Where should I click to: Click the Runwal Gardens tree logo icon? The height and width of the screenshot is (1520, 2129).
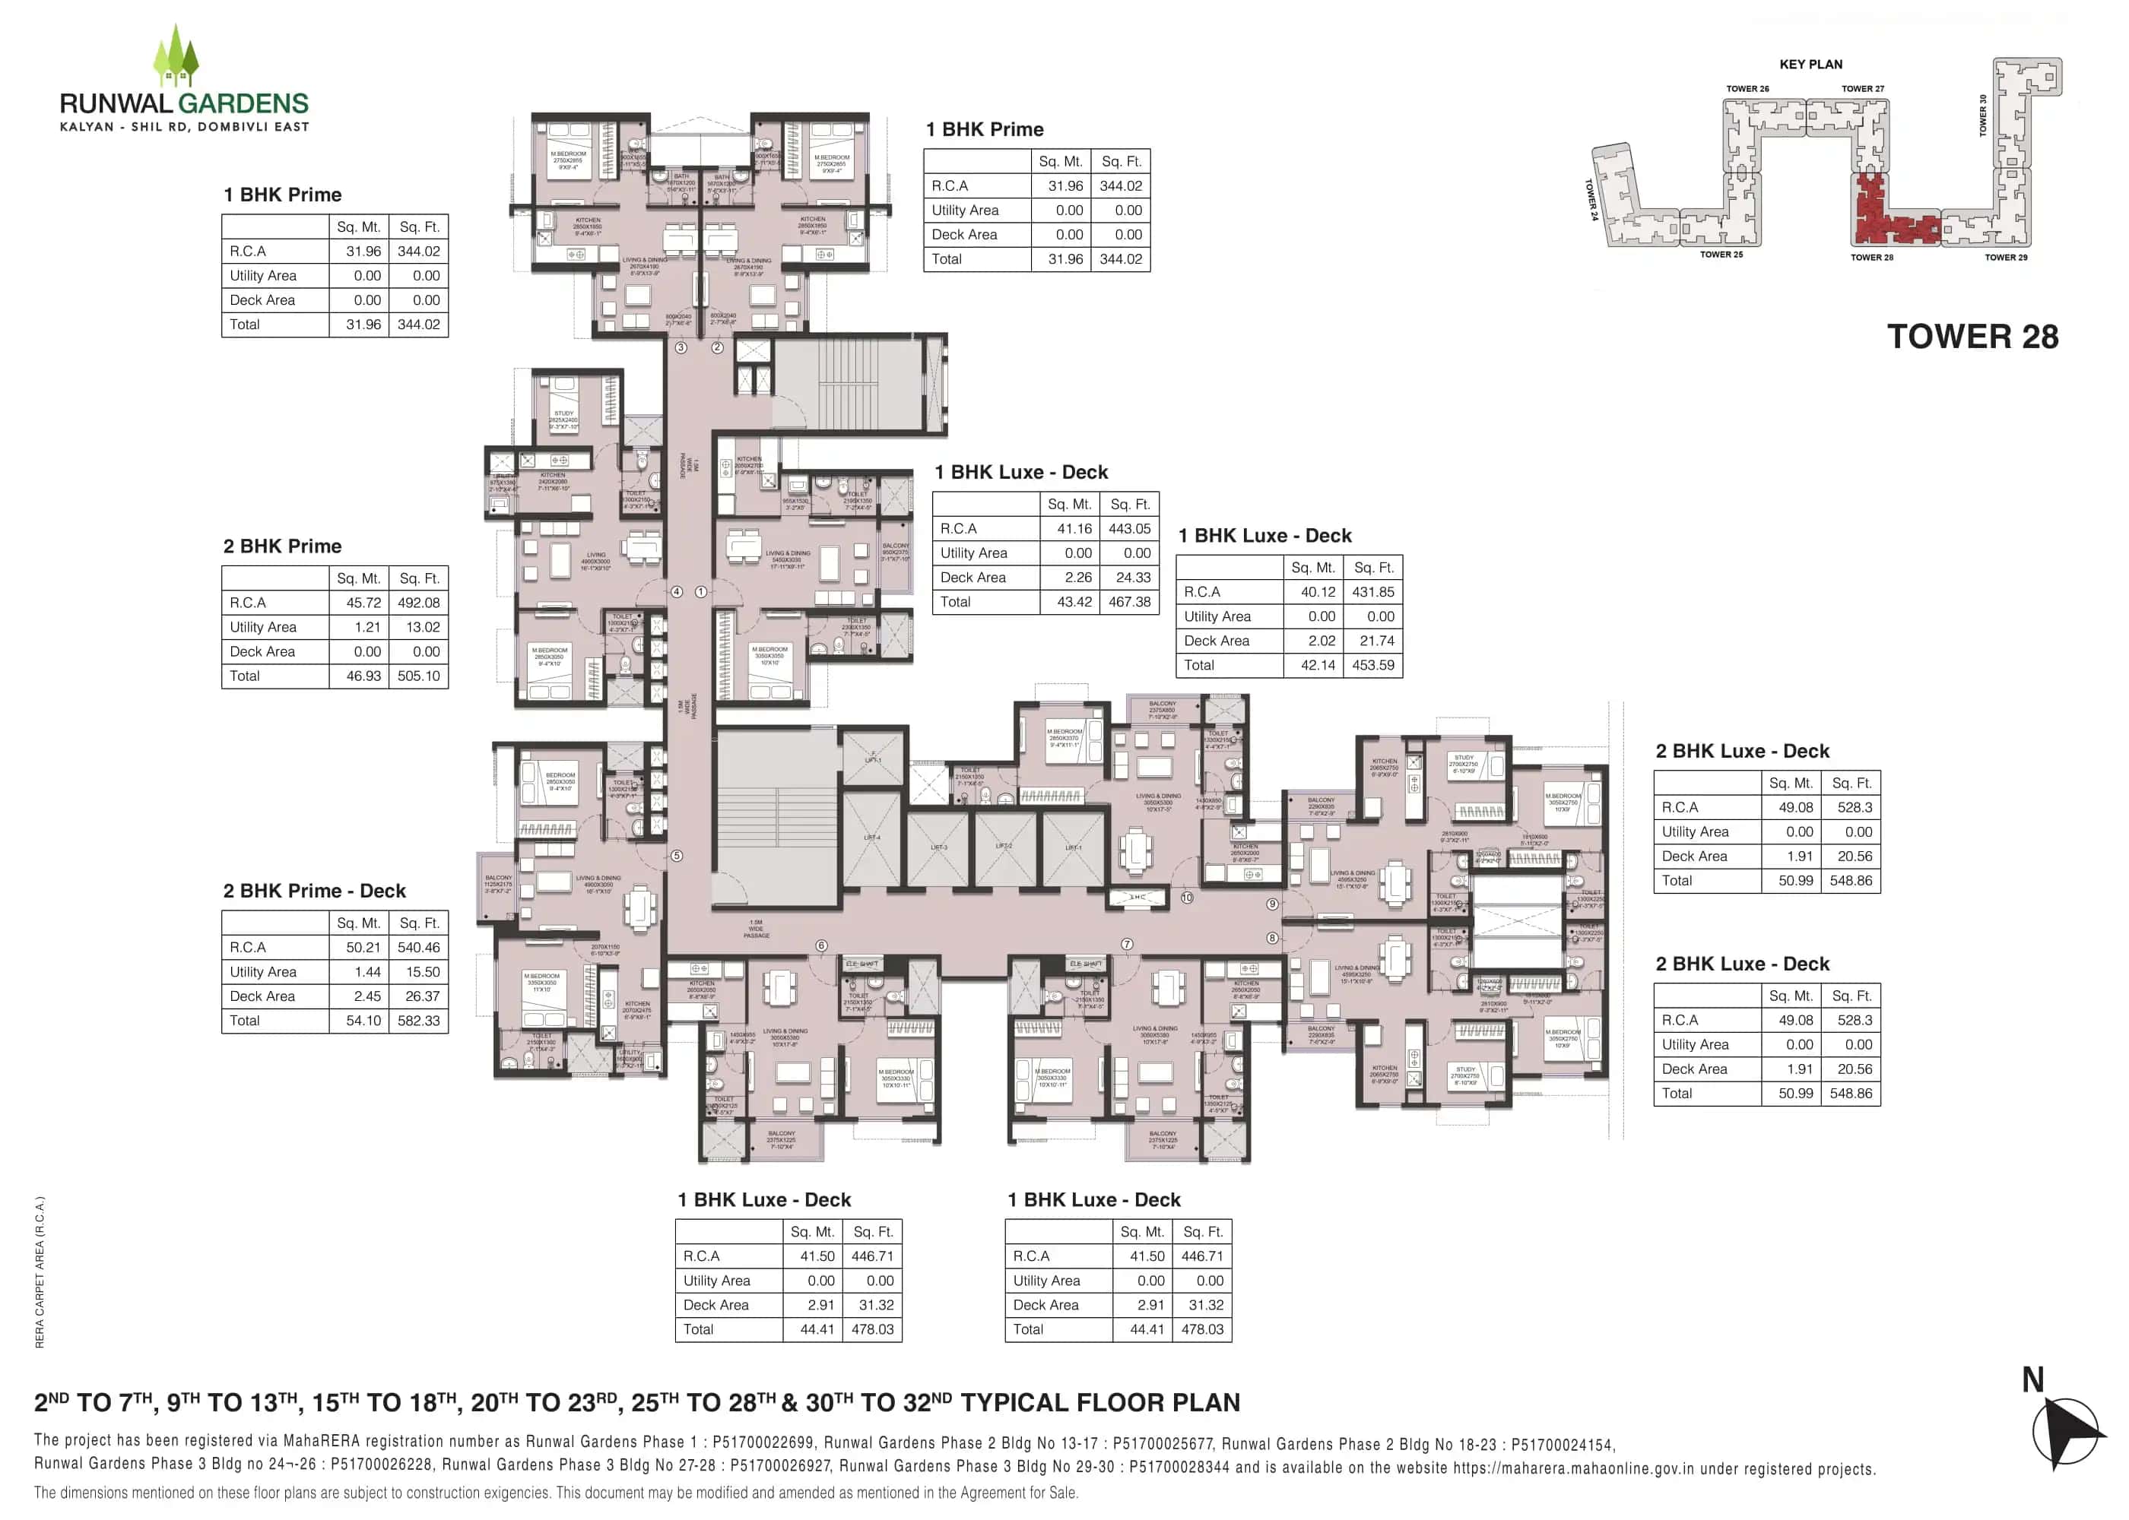pyautogui.click(x=175, y=56)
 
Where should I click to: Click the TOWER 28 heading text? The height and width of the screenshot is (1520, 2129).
pyautogui.click(x=1972, y=337)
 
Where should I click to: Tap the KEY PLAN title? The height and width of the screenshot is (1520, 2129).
pyautogui.click(x=1810, y=65)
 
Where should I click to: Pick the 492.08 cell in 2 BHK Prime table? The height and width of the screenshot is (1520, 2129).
pyautogui.click(x=417, y=603)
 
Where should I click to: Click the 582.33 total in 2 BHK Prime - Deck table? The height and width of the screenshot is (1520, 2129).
pyautogui.click(x=417, y=1020)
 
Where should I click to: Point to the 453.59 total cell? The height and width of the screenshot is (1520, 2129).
pyautogui.click(x=1372, y=666)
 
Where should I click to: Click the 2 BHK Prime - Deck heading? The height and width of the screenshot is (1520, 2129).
pyautogui.click(x=313, y=891)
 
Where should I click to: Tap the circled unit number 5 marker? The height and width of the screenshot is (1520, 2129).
pyautogui.click(x=677, y=856)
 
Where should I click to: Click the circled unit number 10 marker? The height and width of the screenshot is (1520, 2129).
pyautogui.click(x=1186, y=898)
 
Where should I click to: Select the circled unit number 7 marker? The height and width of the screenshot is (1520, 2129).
pyautogui.click(x=1127, y=945)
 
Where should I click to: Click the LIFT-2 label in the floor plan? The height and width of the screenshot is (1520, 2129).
pyautogui.click(x=1004, y=846)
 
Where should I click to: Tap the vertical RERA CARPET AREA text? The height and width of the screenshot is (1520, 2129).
pyautogui.click(x=40, y=1272)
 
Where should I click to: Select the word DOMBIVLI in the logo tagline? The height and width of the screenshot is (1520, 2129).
pyautogui.click(x=231, y=127)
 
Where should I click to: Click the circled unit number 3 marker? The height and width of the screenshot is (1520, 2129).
pyautogui.click(x=681, y=347)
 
